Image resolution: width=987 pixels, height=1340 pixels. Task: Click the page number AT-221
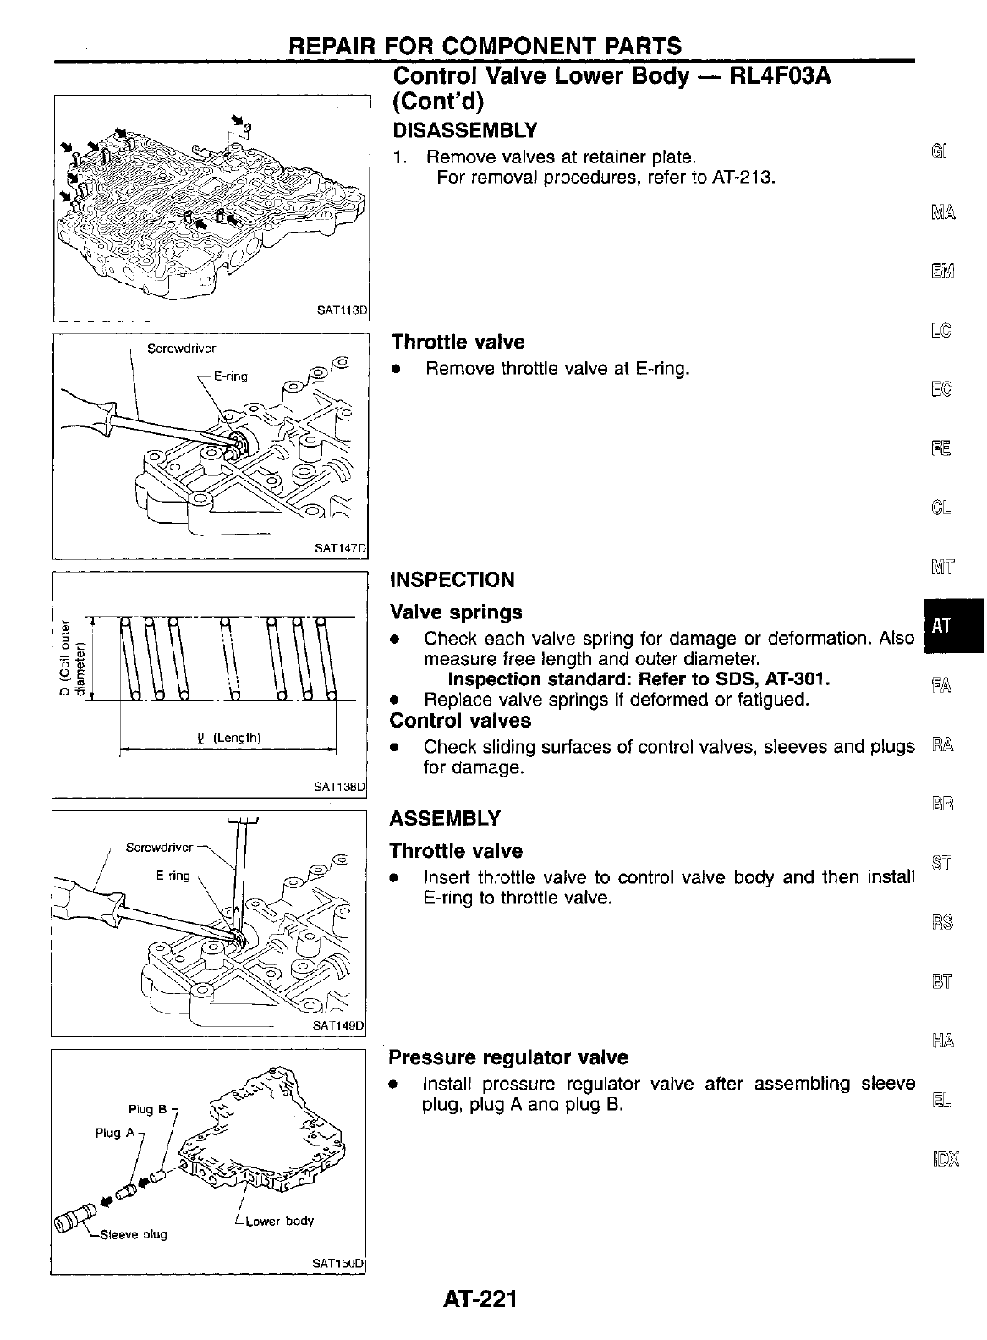tap(479, 1298)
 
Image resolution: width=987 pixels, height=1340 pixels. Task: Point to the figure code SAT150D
tap(338, 1263)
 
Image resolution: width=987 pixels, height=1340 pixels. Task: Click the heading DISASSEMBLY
tap(464, 130)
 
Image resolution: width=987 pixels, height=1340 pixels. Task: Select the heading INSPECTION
tap(452, 580)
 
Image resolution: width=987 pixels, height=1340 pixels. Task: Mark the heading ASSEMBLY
tap(445, 819)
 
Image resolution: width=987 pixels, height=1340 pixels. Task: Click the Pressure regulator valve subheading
tap(508, 1057)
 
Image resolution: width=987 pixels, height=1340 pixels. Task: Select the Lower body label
tap(279, 1221)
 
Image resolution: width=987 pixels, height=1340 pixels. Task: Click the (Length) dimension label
tap(236, 738)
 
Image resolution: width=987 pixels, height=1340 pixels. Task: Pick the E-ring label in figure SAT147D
tap(230, 376)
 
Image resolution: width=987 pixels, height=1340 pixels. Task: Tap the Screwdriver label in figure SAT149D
tap(160, 847)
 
